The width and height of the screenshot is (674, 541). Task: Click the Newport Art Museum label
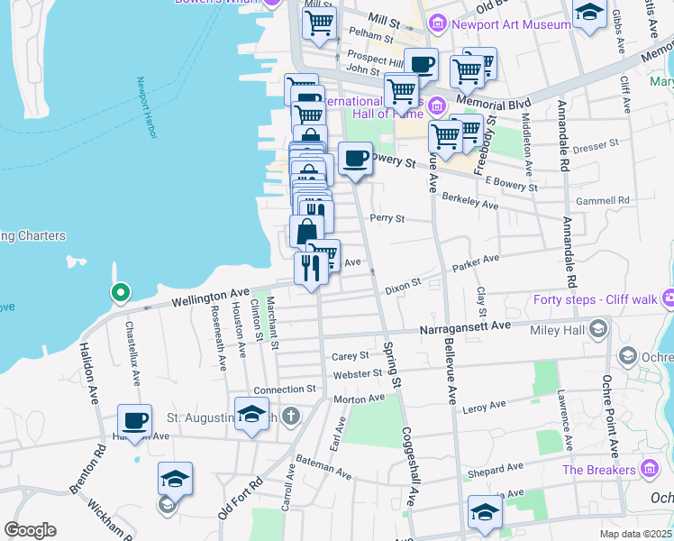[x=512, y=24]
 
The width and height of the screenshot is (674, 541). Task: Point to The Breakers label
[x=599, y=470]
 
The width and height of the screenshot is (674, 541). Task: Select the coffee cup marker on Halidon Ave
[x=135, y=421]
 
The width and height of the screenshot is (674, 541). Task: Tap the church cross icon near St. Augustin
[x=289, y=417]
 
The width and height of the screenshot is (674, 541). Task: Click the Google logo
[x=30, y=530]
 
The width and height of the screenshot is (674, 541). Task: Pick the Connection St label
[x=286, y=390]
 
